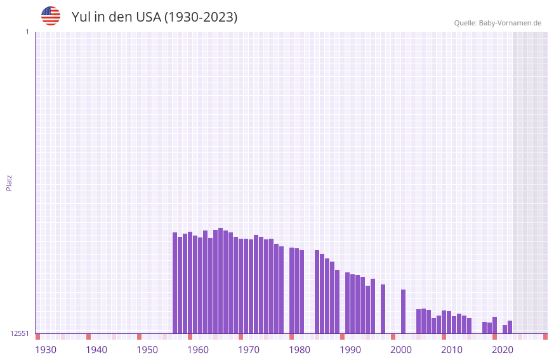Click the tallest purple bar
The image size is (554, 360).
220,281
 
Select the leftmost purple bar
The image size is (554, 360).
175,283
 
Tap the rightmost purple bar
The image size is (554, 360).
510,327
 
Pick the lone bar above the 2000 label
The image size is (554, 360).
403,311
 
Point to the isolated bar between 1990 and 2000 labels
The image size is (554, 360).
383,309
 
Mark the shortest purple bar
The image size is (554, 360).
505,329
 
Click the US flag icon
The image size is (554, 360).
51,16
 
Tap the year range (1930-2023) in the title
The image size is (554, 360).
201,17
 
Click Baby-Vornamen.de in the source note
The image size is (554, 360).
510,23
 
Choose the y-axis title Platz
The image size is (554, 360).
9,182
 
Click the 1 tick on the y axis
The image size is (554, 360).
27,32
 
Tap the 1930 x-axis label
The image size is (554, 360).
46,350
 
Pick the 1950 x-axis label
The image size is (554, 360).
147,350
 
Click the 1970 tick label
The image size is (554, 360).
249,350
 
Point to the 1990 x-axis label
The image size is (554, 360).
350,350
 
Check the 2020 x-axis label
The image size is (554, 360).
503,350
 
